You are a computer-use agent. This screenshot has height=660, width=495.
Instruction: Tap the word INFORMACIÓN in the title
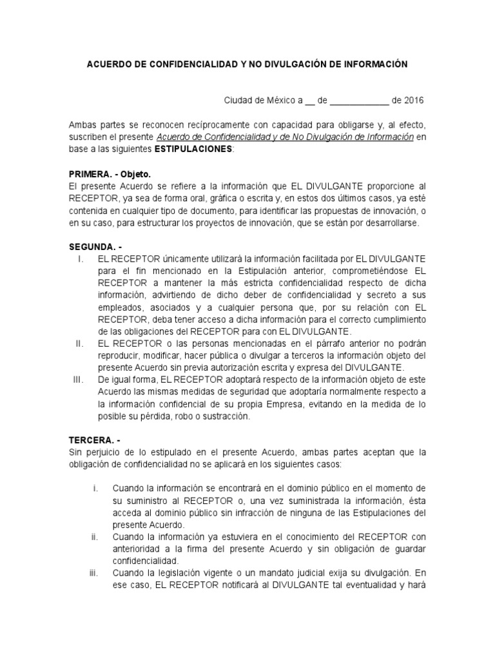(369, 64)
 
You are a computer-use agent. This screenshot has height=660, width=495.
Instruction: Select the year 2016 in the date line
(413, 101)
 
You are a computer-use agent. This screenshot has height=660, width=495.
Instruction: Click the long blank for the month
(359, 101)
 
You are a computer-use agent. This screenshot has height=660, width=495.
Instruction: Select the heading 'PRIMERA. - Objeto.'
(109, 173)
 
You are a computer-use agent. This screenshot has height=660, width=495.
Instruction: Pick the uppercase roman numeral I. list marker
(81, 258)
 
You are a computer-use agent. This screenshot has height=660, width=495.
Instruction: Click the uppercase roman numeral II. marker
(80, 344)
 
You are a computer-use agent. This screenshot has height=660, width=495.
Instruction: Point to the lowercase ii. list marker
(94, 537)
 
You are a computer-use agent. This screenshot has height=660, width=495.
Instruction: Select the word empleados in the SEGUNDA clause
(119, 307)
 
